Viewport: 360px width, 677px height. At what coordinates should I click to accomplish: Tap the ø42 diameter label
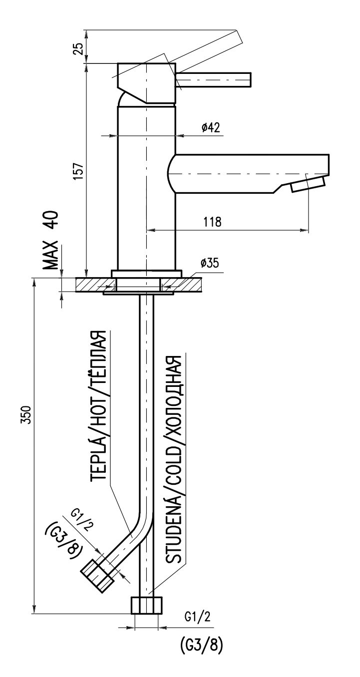tap(211, 128)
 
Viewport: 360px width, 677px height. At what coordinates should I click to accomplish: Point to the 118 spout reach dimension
tap(212, 222)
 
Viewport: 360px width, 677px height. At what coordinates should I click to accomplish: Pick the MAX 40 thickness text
tap(51, 240)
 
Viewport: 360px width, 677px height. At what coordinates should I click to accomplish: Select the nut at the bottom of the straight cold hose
tap(147, 605)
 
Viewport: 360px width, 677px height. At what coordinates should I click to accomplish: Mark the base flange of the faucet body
tap(146, 274)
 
